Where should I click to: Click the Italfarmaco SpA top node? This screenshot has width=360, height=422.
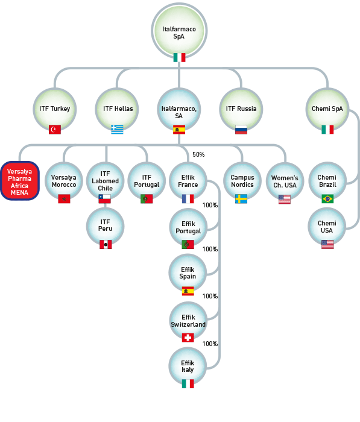point(179,31)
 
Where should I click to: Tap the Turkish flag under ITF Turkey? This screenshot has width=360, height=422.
point(55,130)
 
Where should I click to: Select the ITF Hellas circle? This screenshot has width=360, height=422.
point(117,110)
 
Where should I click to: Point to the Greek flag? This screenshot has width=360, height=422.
point(117,130)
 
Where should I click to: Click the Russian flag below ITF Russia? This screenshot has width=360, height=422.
point(241,130)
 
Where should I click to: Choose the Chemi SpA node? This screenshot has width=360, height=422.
point(327,110)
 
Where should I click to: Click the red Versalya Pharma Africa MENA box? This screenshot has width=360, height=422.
point(20,181)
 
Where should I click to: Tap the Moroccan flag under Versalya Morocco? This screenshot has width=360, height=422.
point(64,198)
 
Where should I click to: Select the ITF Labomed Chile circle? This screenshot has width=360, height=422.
point(106,181)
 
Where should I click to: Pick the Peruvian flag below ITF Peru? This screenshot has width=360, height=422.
point(106,244)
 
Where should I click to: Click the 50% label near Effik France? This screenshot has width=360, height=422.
point(198,154)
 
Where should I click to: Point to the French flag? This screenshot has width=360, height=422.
point(188,198)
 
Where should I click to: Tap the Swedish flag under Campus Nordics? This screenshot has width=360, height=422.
point(241,198)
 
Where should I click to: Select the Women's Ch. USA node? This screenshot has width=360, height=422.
point(285,181)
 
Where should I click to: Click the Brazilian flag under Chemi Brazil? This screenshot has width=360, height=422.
point(327,198)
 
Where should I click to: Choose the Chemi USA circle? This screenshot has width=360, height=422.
point(327,227)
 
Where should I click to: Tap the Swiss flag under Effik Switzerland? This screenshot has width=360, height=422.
point(188,338)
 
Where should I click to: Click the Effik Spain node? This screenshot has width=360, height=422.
point(188,273)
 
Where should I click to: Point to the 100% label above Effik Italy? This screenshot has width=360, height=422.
point(210,344)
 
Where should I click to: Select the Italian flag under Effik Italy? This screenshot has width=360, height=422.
point(188,383)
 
